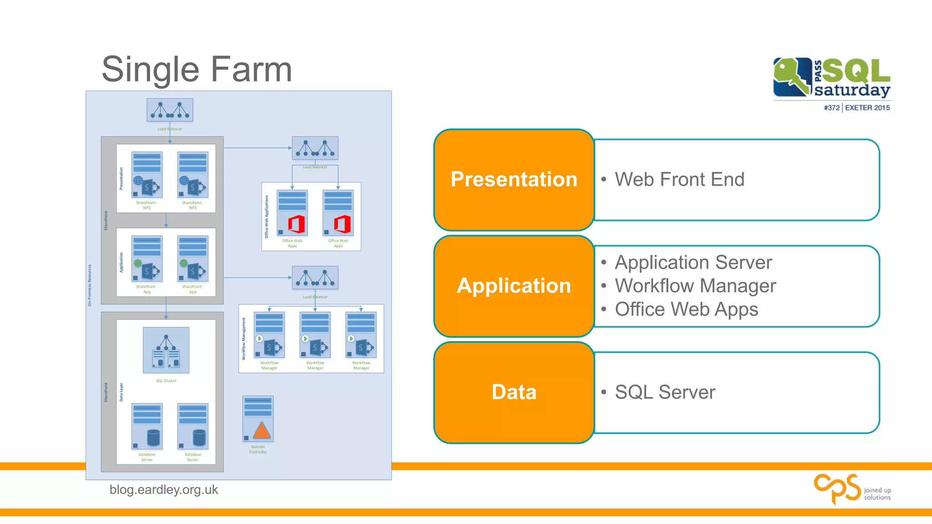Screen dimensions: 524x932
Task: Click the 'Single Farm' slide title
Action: click(197, 69)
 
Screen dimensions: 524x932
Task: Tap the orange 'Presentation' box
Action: click(514, 179)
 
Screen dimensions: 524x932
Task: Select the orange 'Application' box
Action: click(514, 286)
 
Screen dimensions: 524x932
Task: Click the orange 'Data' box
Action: click(514, 392)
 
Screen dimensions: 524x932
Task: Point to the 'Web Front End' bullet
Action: click(679, 179)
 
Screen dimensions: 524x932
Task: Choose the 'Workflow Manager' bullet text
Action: click(695, 286)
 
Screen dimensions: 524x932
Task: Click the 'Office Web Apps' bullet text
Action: click(686, 309)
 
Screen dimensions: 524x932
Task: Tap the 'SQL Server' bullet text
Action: click(665, 392)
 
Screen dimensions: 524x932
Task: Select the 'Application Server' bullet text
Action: click(693, 262)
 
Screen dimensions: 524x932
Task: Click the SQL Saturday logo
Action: click(831, 78)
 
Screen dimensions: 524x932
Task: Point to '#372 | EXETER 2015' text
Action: click(856, 108)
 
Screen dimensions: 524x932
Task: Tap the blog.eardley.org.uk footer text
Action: click(164, 490)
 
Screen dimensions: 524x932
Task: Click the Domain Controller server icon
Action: click(258, 419)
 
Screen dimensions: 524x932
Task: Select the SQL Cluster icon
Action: click(166, 350)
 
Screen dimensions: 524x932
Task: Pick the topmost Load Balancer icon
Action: click(170, 110)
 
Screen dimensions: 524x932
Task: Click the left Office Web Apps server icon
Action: click(292, 213)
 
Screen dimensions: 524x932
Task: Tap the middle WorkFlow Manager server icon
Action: click(315, 335)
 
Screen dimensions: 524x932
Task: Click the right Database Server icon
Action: click(193, 426)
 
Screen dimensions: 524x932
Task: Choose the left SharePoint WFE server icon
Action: click(147, 175)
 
